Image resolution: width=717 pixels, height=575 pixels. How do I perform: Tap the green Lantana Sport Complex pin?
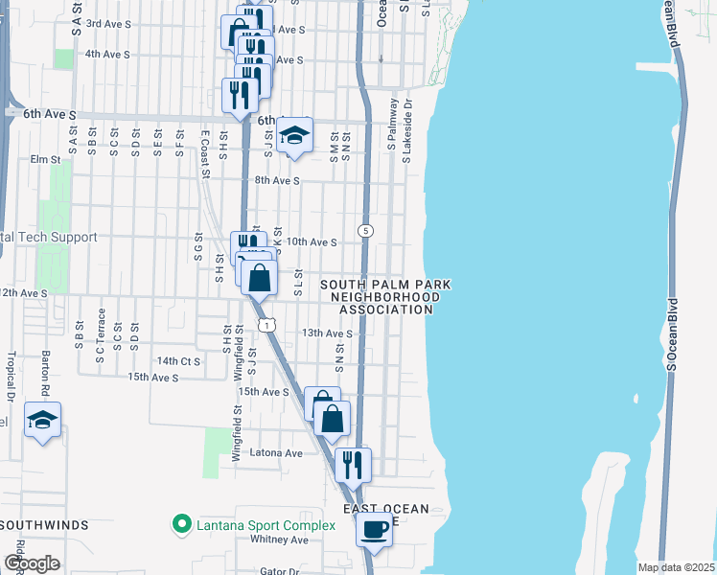[179, 524]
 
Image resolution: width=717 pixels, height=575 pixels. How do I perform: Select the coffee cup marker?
[374, 529]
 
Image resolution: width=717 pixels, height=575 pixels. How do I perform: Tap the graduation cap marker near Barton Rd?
[42, 420]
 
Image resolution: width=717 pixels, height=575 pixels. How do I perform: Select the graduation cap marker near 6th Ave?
[295, 135]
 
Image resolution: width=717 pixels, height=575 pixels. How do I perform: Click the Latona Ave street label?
[276, 453]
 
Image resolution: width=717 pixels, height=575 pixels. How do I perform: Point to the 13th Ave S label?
[327, 333]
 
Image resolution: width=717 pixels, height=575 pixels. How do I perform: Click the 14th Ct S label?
[179, 360]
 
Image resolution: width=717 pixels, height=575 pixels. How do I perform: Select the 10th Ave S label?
[311, 242]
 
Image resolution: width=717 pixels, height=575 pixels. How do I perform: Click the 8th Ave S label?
[277, 180]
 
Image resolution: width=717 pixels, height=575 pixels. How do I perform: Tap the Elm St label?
[45, 159]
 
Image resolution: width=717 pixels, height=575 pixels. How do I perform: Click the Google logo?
[32, 563]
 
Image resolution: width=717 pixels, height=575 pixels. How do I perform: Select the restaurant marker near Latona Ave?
[353, 464]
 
